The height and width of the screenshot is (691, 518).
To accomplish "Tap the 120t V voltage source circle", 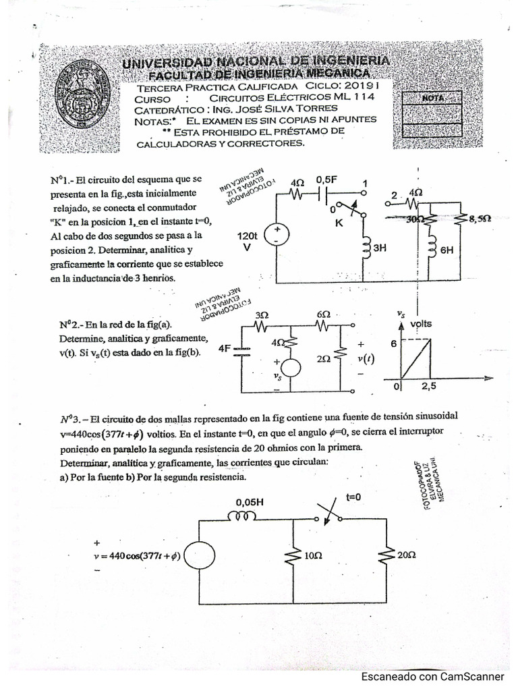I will (x=277, y=234).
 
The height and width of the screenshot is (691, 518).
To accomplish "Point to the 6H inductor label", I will (x=447, y=249).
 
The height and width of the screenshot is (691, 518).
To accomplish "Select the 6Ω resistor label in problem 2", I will (x=324, y=314).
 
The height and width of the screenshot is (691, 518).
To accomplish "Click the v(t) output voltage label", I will (x=368, y=358).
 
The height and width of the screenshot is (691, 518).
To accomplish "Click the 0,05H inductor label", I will (x=249, y=502).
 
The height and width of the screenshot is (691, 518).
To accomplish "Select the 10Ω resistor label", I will (x=312, y=556).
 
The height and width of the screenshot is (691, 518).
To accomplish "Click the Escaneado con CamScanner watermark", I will (x=432, y=676).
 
